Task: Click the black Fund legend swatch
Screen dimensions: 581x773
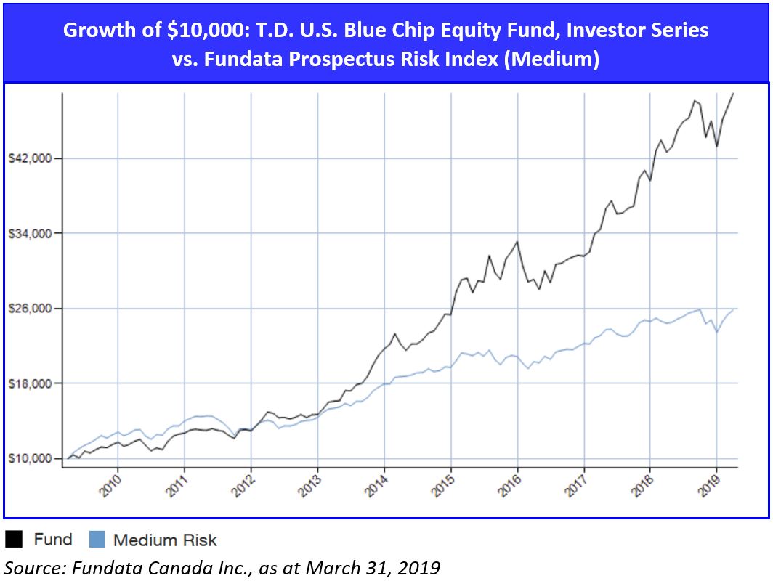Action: [x=14, y=540]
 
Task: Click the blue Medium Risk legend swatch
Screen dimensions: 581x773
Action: [x=97, y=540]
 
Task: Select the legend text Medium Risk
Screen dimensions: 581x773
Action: [x=165, y=540]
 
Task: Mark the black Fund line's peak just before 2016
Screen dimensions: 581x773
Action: [x=517, y=242]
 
